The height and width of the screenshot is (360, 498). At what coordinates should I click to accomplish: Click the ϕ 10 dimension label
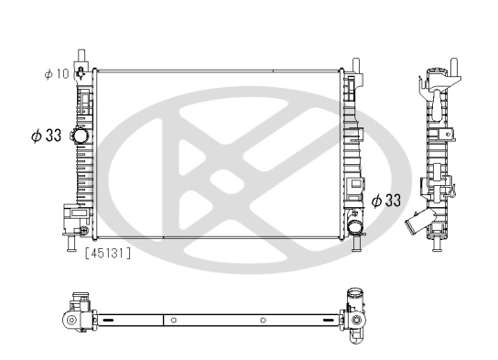coord(57,74)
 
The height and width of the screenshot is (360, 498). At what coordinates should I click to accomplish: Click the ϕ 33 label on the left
coord(46,135)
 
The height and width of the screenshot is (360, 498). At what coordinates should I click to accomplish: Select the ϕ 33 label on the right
coord(386,199)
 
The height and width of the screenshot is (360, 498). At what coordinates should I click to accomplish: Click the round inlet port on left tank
coord(81,136)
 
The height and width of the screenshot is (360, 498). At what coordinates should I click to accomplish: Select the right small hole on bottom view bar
coord(263,321)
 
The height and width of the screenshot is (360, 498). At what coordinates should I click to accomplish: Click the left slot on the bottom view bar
coord(108,321)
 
